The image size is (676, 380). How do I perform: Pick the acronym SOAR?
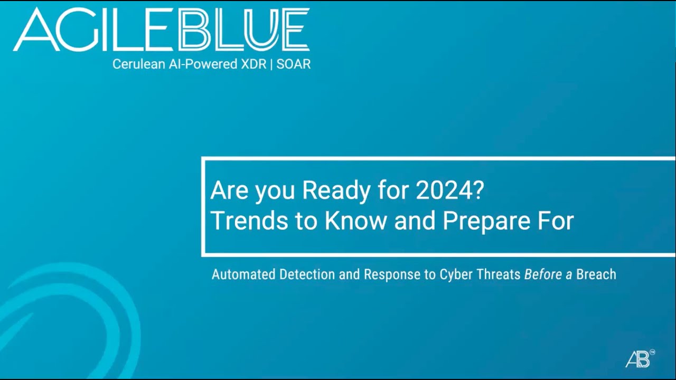click(x=294, y=64)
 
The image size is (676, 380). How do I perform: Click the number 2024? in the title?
click(x=449, y=191)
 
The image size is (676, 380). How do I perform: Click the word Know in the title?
click(x=355, y=222)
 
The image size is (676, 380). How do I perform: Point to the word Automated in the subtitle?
click(x=243, y=274)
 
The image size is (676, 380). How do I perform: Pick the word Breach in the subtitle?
click(x=596, y=274)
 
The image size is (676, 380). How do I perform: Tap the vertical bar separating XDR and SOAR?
click(x=271, y=64)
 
